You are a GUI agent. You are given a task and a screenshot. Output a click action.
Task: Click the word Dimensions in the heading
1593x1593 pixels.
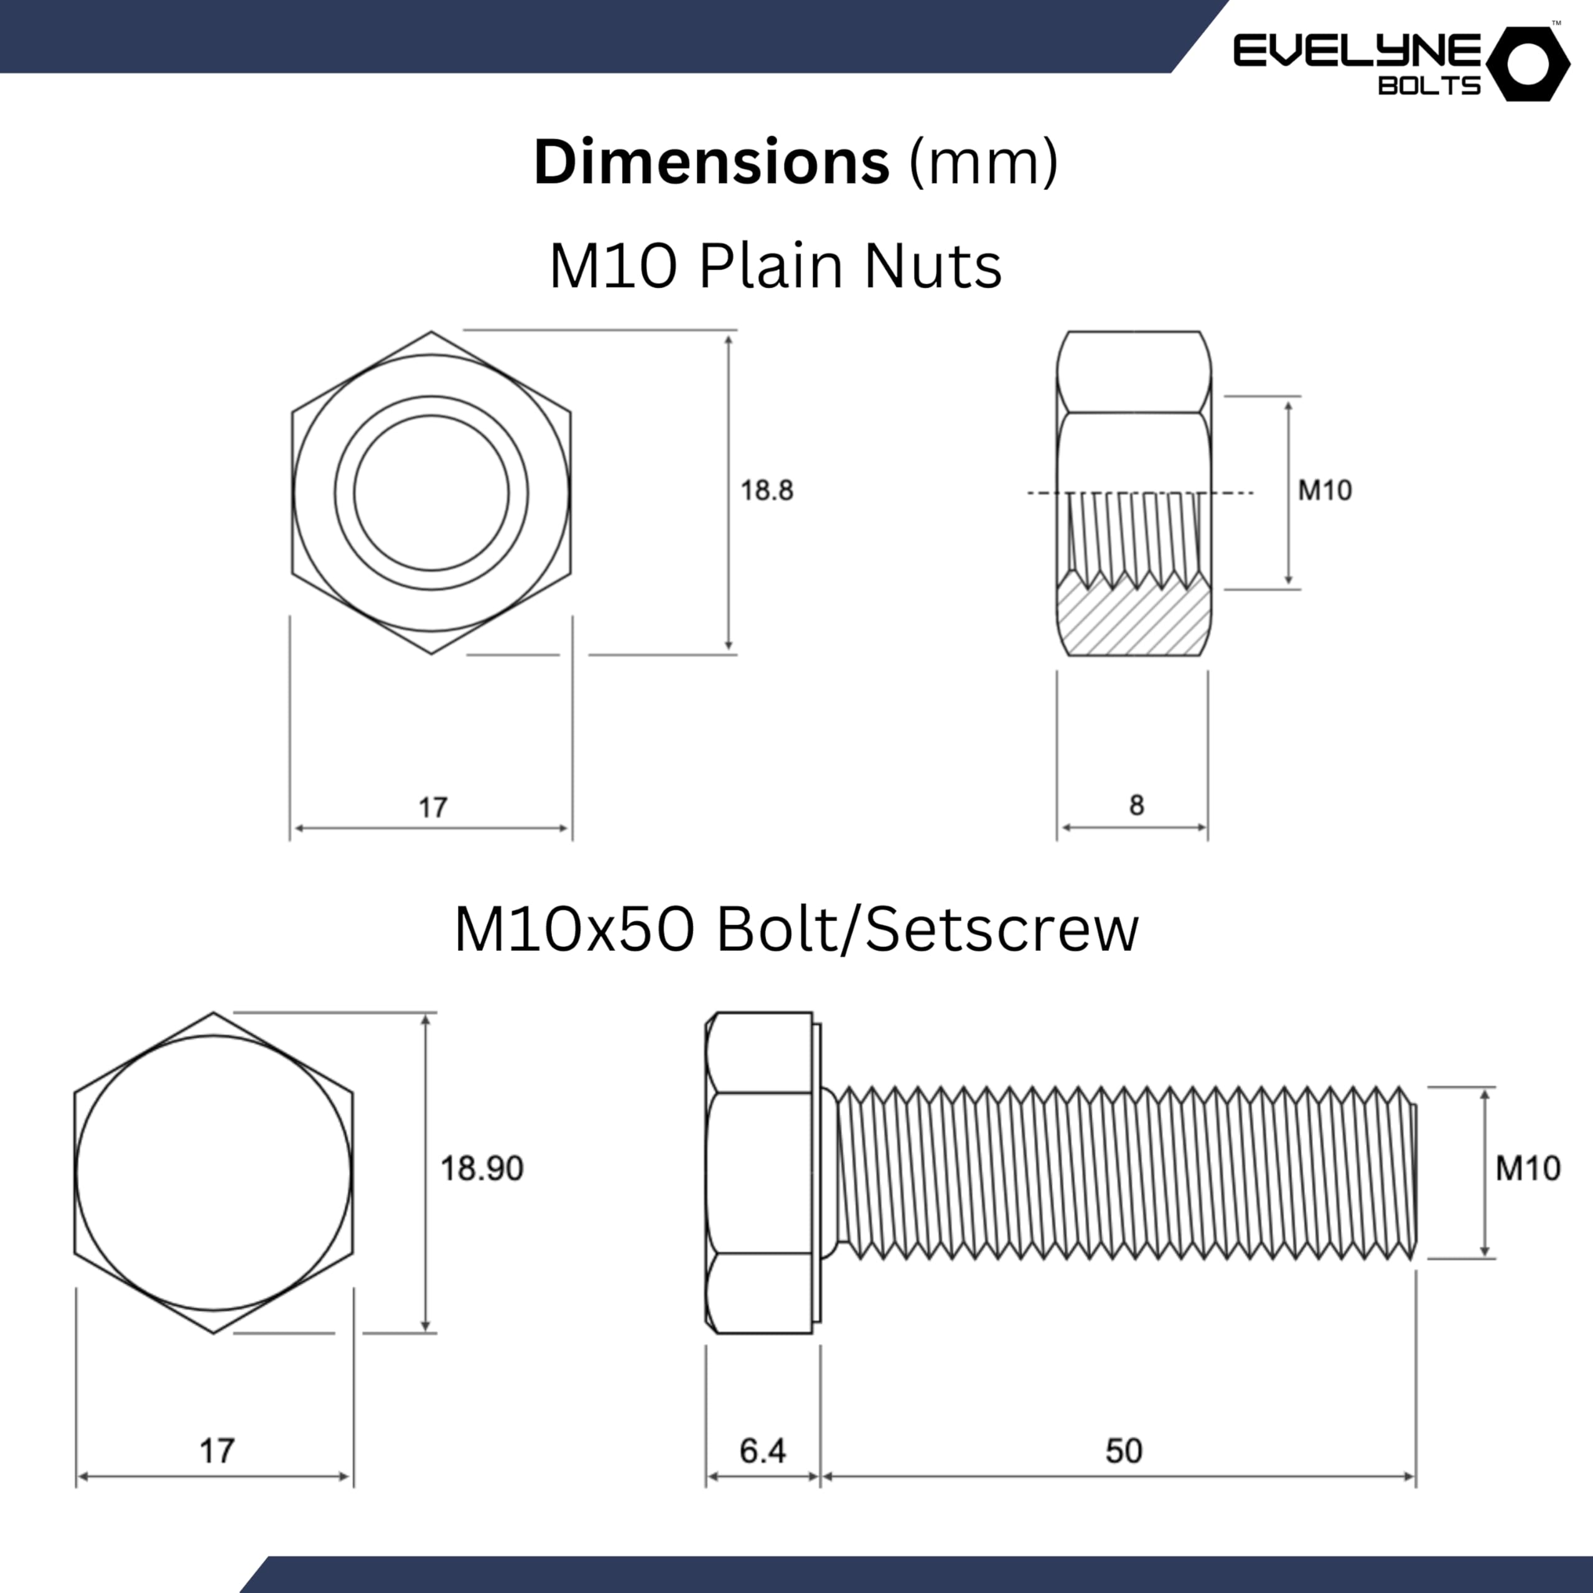[x=711, y=162]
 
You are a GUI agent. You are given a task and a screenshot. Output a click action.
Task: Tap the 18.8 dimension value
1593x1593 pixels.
[x=766, y=490]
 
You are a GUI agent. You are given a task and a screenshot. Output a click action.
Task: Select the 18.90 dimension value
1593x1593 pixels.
[x=482, y=1169]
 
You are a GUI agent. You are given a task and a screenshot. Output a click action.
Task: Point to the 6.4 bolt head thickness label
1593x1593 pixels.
[x=762, y=1449]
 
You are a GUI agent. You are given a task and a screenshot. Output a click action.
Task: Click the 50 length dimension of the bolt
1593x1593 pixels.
[x=1124, y=1449]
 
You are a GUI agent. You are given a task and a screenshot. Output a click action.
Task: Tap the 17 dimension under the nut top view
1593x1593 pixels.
[x=432, y=807]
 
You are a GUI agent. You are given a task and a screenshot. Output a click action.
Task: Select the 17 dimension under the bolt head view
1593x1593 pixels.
[x=217, y=1449]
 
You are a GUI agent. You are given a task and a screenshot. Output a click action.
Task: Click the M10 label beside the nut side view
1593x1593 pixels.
[x=1324, y=490]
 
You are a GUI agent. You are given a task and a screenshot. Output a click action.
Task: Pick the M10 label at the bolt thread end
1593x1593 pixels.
[x=1527, y=1169]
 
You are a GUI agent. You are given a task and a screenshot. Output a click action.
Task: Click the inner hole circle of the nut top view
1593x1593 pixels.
[x=431, y=492]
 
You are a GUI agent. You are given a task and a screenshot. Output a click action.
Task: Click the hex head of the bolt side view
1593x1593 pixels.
[x=759, y=1172]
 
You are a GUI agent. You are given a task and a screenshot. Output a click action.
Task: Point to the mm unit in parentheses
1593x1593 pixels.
[x=983, y=162]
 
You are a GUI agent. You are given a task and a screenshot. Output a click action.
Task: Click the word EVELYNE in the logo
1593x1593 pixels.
[x=1357, y=51]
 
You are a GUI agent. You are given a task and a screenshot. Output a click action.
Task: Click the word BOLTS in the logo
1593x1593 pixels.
[x=1429, y=86]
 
